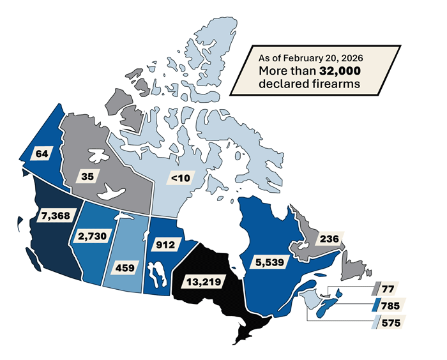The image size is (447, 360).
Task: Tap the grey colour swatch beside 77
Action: click(x=377, y=289)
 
